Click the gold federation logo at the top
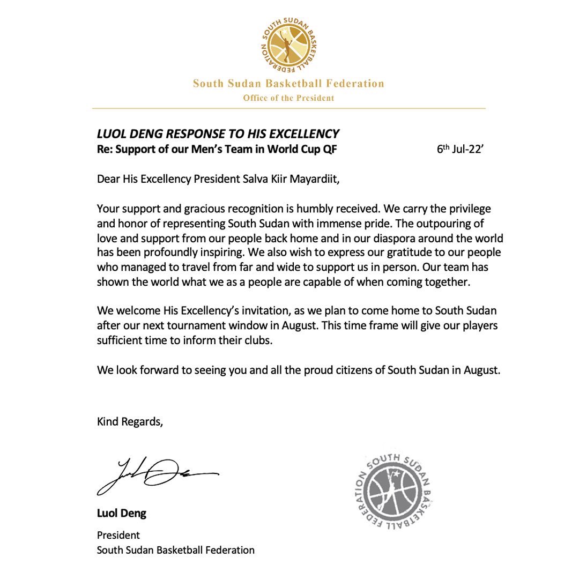click(x=289, y=47)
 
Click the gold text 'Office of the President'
click(x=288, y=98)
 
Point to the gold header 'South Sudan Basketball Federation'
click(x=288, y=84)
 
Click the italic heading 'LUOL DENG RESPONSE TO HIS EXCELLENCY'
click(x=218, y=134)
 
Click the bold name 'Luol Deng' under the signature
click(x=121, y=514)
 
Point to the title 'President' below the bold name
click(x=118, y=535)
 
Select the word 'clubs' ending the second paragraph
click(x=260, y=340)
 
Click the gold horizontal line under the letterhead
click(x=288, y=109)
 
